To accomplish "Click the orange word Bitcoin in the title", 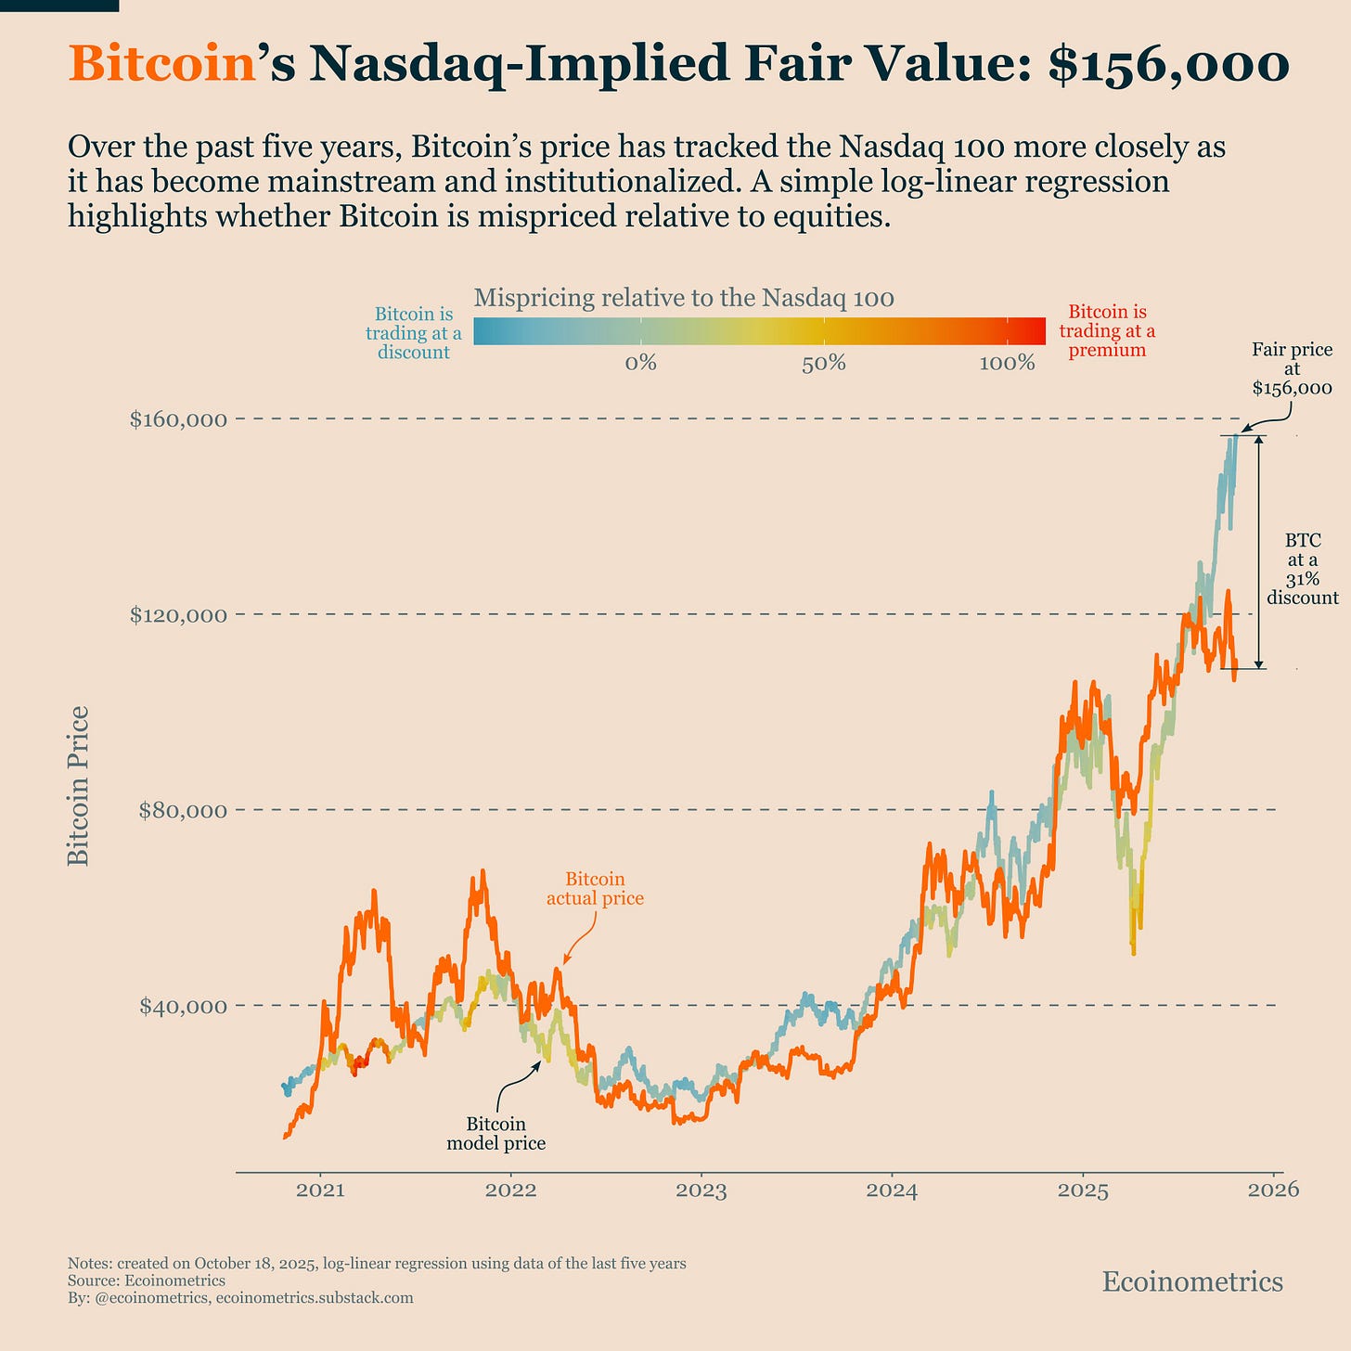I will [161, 65].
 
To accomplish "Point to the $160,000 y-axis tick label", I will [178, 419].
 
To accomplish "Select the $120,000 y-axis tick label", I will [178, 614].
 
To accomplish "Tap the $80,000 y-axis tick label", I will [182, 810].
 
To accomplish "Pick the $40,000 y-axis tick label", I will [182, 1006].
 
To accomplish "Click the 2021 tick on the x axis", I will [321, 1190].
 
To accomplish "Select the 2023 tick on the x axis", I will [701, 1190].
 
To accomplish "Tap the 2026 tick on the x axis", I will [1273, 1190].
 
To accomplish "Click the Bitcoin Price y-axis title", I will [80, 786].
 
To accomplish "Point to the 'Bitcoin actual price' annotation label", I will [595, 889].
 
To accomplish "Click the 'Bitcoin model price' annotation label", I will [496, 1134].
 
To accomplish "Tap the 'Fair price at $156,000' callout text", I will [1292, 368].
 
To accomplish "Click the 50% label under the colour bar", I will [823, 363].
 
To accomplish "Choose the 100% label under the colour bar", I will [1007, 363].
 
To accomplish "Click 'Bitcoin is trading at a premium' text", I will [1107, 331].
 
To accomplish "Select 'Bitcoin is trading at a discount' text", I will [414, 333].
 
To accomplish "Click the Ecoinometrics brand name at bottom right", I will [1192, 1281].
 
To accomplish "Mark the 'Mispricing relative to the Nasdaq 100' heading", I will [684, 298].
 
